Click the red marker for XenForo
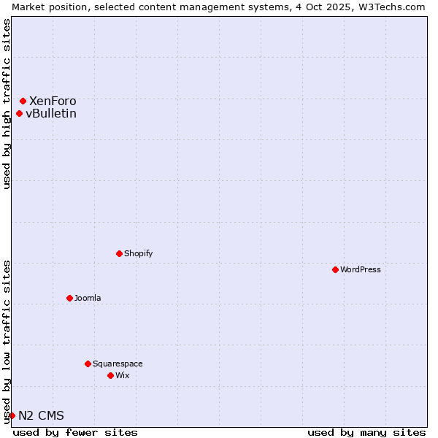23,101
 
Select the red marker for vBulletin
20,113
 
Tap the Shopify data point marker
119,253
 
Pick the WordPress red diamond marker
335,269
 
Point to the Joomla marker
69,298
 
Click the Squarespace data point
88,364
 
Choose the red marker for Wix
110,375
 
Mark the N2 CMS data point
12,415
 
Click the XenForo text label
53,101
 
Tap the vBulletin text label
51,113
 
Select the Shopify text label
138,253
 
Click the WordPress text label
361,269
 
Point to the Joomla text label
88,298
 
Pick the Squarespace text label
118,364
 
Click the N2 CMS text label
41,415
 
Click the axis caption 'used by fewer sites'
75,432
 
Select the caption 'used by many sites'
366,432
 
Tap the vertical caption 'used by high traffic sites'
7,104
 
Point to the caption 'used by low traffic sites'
7,342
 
